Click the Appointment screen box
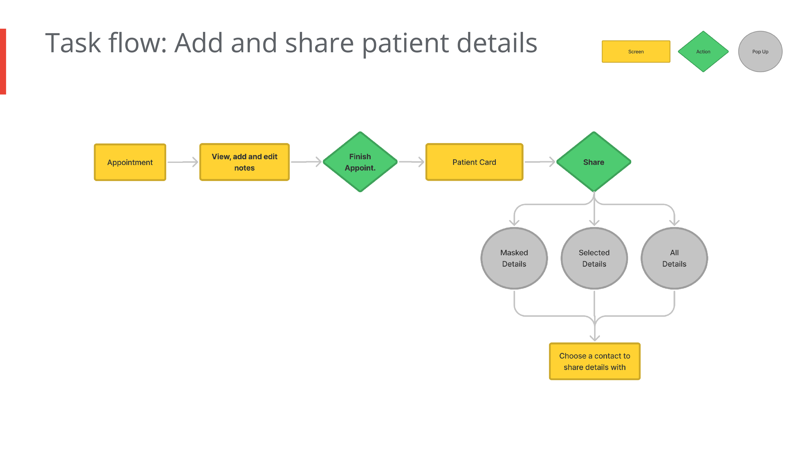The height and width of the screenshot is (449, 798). tap(130, 162)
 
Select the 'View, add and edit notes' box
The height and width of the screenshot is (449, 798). tap(244, 162)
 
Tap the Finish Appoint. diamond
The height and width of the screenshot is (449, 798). tap(360, 162)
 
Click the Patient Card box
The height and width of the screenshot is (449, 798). tap(474, 162)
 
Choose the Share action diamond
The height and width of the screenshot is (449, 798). tap(594, 162)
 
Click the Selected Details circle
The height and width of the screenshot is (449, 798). tap(594, 258)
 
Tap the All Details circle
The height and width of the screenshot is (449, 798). tap(674, 258)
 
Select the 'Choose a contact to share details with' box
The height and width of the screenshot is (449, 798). tap(595, 361)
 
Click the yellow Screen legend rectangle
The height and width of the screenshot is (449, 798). tap(636, 51)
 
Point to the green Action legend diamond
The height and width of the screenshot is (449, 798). tap(703, 51)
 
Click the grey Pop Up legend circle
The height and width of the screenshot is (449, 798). tap(760, 51)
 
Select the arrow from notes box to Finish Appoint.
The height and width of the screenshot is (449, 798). tap(306, 162)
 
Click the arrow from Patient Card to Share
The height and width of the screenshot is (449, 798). tap(540, 162)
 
